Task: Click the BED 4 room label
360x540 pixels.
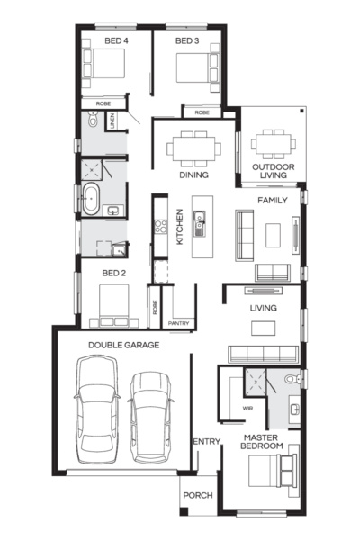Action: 103,41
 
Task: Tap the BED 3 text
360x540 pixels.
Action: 185,41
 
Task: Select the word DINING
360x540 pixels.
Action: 193,175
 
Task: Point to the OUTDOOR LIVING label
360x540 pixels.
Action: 273,172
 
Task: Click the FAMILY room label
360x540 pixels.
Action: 273,200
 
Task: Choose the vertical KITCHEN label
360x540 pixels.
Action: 180,227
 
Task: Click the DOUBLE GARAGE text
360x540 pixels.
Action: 124,345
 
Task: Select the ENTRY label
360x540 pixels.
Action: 206,441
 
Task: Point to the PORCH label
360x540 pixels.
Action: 197,495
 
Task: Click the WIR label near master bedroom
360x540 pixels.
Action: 248,408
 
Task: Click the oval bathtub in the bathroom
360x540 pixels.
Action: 91,200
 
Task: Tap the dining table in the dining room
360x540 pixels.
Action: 194,148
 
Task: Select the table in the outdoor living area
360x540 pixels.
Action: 272,144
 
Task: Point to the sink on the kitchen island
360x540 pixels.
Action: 201,217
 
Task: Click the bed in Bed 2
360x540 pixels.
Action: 112,304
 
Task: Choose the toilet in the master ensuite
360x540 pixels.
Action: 290,382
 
